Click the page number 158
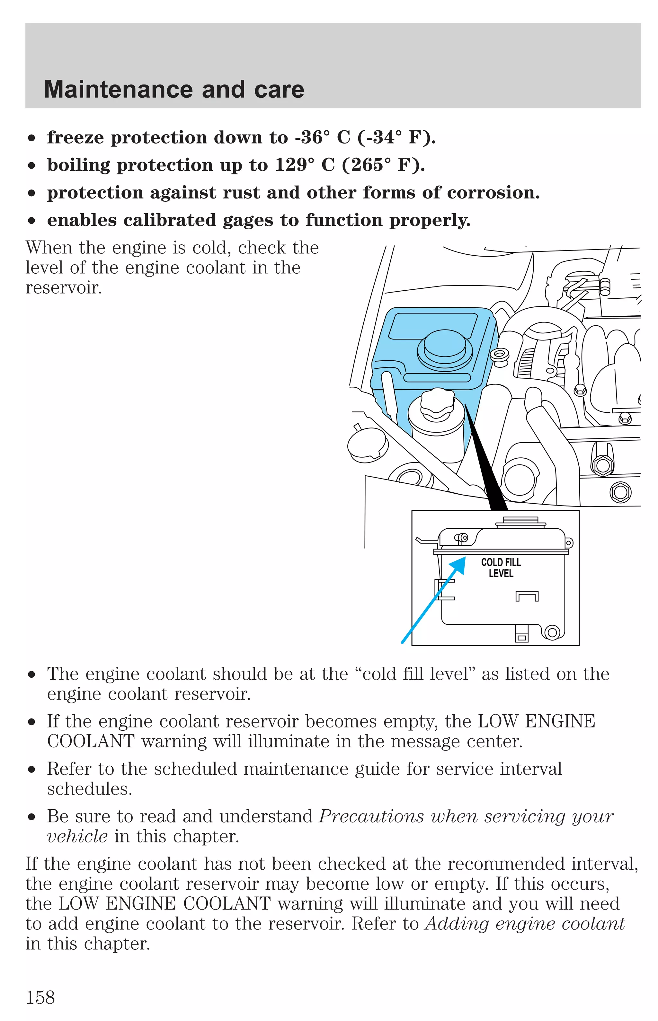[x=40, y=998]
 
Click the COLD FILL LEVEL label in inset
[x=501, y=568]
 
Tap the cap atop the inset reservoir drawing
[x=520, y=522]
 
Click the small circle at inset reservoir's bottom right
[x=552, y=632]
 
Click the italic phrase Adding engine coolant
[x=525, y=924]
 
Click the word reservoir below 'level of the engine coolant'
[x=63, y=288]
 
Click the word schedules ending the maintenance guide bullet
[x=89, y=789]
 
